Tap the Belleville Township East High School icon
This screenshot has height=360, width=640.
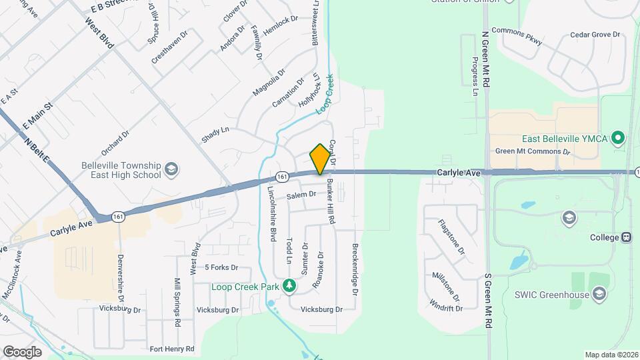point(171,168)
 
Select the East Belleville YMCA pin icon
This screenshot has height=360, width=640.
point(618,139)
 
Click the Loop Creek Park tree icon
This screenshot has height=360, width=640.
point(289,286)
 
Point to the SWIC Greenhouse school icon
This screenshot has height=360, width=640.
point(599,294)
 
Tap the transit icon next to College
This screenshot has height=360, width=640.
point(626,237)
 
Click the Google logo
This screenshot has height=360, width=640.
point(22,351)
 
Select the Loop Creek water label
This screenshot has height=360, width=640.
point(325,98)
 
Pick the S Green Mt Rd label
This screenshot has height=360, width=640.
point(489,299)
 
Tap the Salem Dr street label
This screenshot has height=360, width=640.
point(301,195)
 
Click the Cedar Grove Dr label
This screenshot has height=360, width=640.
point(595,35)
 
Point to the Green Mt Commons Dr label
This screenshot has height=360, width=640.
point(533,151)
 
